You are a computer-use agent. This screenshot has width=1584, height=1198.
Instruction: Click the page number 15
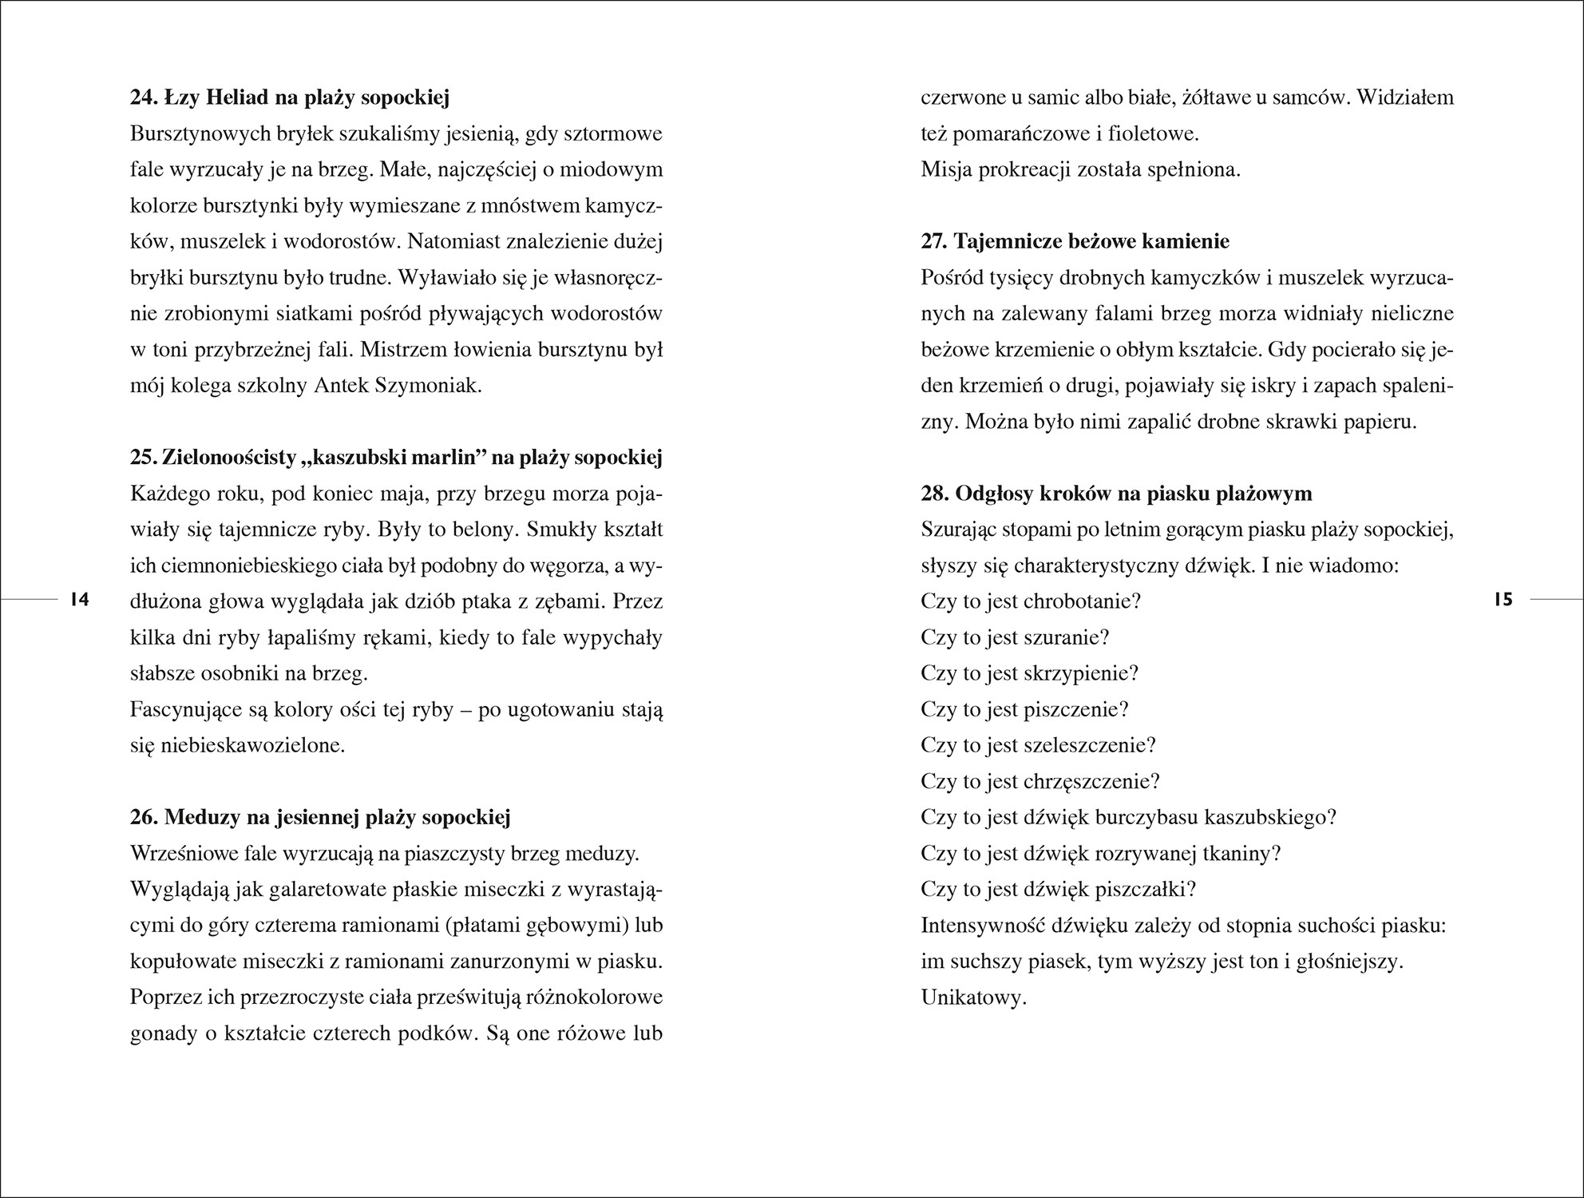[1503, 599]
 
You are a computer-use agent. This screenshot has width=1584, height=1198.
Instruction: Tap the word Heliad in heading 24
[238, 98]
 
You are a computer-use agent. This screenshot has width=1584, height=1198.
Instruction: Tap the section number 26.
[145, 817]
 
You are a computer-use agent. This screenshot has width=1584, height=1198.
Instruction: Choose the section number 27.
[935, 242]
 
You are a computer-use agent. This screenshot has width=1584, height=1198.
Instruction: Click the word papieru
[1381, 422]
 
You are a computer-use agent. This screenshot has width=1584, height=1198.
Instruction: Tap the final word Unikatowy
[972, 998]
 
